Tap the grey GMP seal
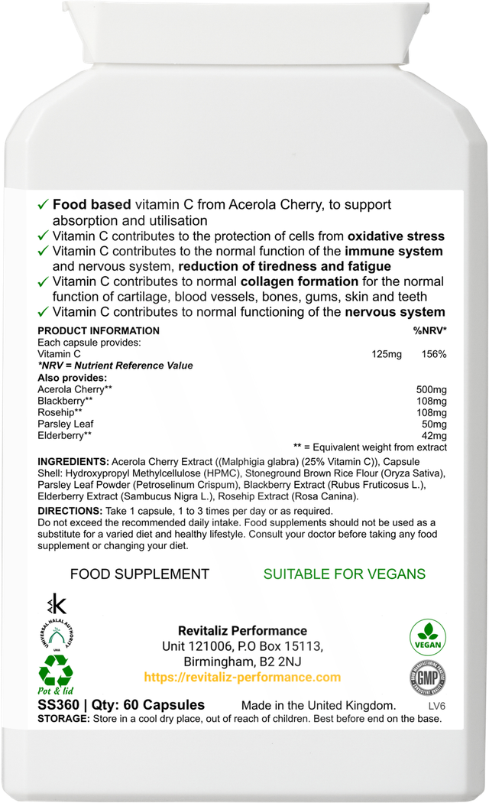428,678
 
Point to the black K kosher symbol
56,603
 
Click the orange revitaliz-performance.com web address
242,678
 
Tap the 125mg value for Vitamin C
384,354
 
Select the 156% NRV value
434,354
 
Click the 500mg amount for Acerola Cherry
432,389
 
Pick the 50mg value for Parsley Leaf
435,424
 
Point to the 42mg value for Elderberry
435,435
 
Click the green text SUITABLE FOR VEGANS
345,574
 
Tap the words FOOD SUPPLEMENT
140,574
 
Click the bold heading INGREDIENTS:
73,463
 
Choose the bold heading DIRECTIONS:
70,511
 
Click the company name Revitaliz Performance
242,631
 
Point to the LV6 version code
438,705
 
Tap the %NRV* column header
429,331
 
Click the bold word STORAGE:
63,720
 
